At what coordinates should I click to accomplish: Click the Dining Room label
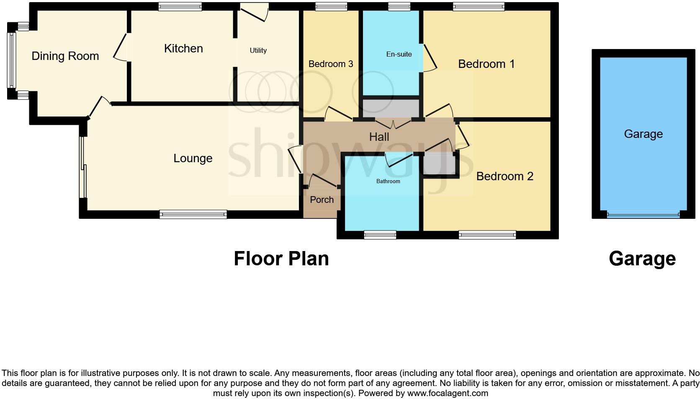(x=65, y=56)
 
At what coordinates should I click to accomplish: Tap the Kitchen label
(x=183, y=49)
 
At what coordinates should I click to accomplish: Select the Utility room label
(x=258, y=50)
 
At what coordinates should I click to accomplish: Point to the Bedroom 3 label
(x=331, y=64)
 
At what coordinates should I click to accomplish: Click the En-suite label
(x=399, y=54)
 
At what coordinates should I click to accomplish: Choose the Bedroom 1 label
(x=486, y=64)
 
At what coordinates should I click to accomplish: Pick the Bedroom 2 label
(x=504, y=176)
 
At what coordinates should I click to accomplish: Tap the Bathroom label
(x=388, y=181)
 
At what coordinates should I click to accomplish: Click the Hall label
(x=379, y=137)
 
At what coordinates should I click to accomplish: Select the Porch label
(x=322, y=200)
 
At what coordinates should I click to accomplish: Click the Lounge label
(x=193, y=158)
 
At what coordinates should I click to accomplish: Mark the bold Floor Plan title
(x=281, y=259)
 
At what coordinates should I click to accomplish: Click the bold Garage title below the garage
(x=642, y=259)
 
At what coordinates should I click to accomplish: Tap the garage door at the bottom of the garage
(x=643, y=215)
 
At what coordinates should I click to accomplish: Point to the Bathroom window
(x=380, y=235)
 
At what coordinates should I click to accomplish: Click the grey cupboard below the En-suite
(x=391, y=108)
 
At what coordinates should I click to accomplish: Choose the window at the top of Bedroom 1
(x=479, y=6)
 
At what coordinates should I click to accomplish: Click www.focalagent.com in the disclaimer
(x=448, y=394)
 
